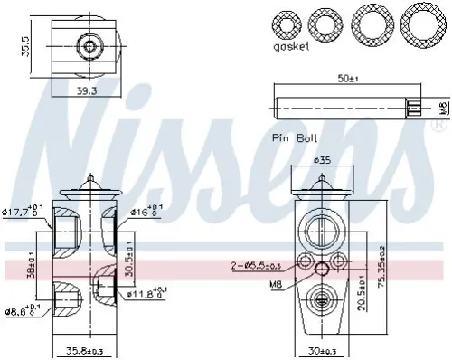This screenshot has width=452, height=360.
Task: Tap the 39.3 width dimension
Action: click(x=88, y=90)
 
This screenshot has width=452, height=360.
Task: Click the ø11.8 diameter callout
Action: click(x=145, y=291)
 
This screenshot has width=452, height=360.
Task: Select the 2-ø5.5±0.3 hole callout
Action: click(x=258, y=264)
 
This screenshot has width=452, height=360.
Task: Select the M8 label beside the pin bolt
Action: click(x=442, y=108)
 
